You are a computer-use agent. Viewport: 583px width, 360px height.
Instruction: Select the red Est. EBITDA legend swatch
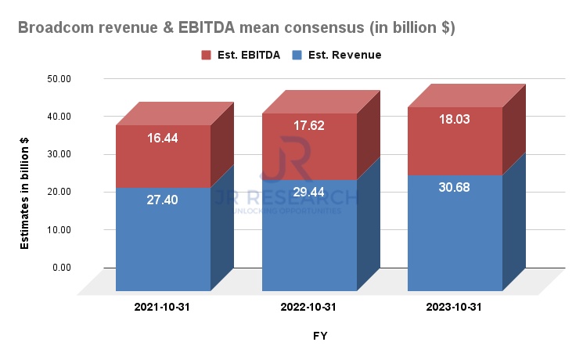point(207,55)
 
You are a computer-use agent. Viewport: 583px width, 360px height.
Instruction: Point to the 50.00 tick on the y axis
point(58,78)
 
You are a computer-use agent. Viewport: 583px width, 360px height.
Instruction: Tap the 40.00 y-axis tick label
point(58,116)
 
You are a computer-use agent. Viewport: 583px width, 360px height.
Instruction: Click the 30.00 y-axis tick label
point(58,154)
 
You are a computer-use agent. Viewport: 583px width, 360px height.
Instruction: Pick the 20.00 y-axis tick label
point(58,192)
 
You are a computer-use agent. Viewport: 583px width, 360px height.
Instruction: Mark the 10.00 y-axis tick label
point(58,229)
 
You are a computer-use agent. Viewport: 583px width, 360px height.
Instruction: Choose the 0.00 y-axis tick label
point(60,268)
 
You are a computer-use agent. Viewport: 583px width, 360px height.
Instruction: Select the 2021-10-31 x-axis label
point(163,308)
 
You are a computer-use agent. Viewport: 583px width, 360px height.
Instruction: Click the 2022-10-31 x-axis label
point(308,308)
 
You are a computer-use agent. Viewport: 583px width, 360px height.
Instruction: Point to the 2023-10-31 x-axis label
point(454,308)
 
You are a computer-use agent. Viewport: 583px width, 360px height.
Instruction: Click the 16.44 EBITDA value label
point(163,138)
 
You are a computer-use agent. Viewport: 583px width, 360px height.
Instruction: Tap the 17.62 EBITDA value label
point(308,125)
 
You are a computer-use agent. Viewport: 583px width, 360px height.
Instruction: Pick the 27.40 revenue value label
point(163,200)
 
